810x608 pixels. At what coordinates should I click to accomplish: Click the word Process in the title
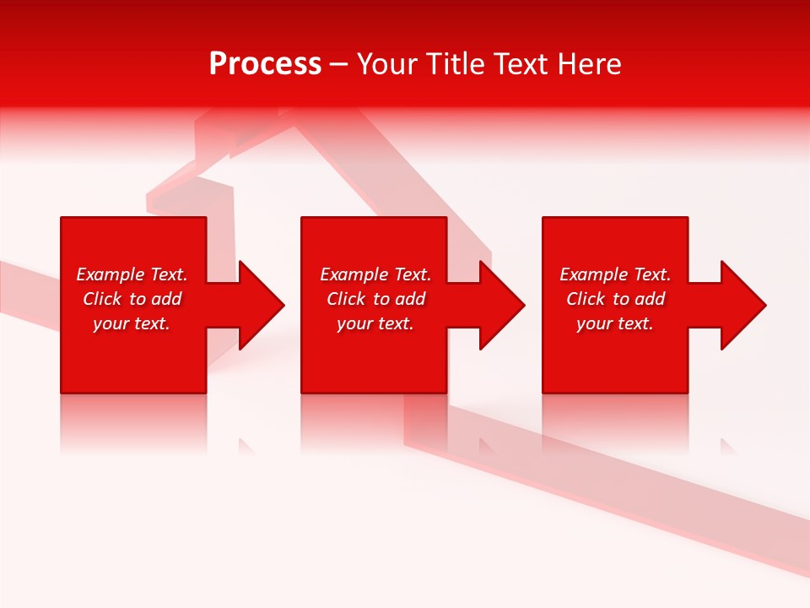[x=265, y=64]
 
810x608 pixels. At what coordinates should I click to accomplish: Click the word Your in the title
[x=387, y=64]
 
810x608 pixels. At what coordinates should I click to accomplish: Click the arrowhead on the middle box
[x=500, y=305]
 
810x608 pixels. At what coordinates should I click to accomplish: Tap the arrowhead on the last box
[x=742, y=305]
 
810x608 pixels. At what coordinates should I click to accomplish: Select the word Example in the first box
[x=111, y=274]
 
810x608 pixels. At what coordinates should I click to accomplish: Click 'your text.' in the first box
[x=132, y=323]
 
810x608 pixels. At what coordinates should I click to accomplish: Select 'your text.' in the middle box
[x=375, y=323]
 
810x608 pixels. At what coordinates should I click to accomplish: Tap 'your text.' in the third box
[x=615, y=323]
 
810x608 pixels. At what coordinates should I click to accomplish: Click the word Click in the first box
[x=102, y=299]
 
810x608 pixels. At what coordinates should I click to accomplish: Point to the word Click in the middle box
[x=346, y=299]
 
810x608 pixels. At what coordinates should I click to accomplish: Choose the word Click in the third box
[x=586, y=299]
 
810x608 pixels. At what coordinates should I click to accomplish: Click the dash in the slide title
[x=339, y=64]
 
